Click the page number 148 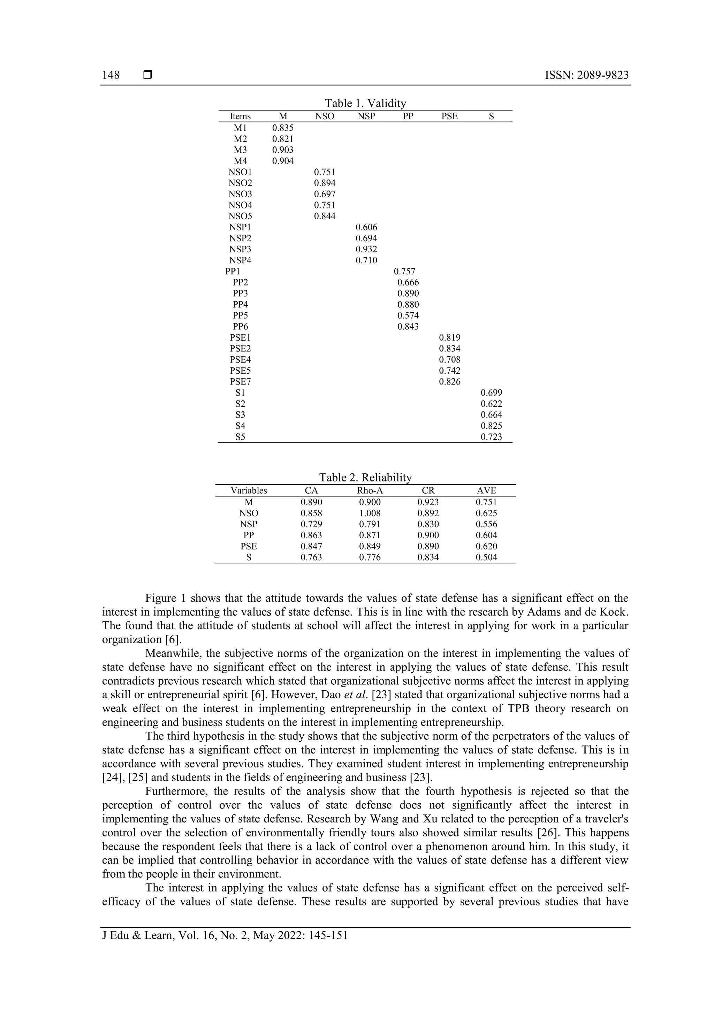[111, 75]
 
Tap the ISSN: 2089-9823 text [586, 75]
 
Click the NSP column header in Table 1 [366, 116]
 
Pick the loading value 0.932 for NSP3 [366, 249]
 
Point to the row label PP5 [240, 316]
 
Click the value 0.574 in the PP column [408, 316]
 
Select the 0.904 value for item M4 [282, 161]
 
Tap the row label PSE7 [240, 382]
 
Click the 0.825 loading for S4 [491, 426]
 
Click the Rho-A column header [370, 491]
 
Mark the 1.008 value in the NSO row [370, 513]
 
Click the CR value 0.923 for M [428, 502]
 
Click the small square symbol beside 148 [148, 75]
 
